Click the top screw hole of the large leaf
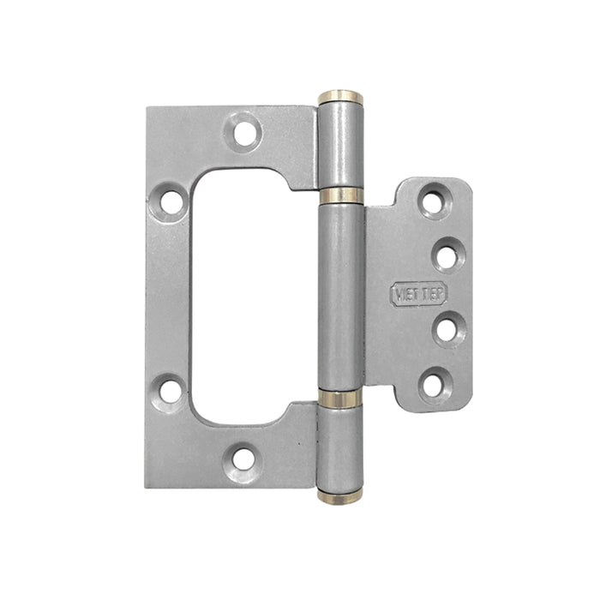(245, 132)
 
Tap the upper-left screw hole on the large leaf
(171, 202)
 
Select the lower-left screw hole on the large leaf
(171, 391)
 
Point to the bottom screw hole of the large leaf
(244, 458)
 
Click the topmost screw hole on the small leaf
(435, 201)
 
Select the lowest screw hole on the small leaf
(435, 384)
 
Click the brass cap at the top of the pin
(340, 97)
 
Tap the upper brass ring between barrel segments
(342, 195)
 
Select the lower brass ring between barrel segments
(341, 397)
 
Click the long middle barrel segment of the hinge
(341, 296)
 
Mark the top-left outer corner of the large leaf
(147, 108)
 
